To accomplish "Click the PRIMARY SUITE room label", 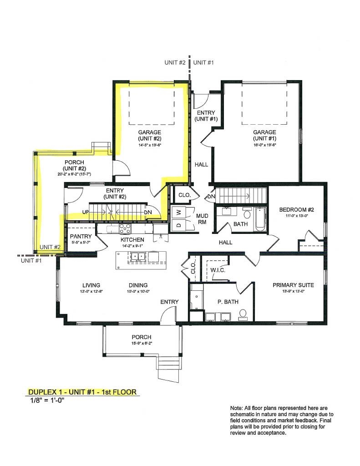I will [291, 285].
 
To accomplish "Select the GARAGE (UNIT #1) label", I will [265, 135].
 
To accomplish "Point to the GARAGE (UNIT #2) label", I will [150, 135].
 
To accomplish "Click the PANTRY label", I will [81, 237].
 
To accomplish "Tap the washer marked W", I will [178, 212].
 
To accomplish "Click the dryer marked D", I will [178, 225].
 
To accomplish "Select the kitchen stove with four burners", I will [125, 229].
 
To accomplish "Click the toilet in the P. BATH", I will [243, 314].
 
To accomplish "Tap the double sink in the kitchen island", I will [137, 257].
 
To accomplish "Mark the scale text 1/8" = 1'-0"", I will [44, 401].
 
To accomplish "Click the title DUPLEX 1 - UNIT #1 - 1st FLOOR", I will [82, 392].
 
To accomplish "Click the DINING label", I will [139, 285].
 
